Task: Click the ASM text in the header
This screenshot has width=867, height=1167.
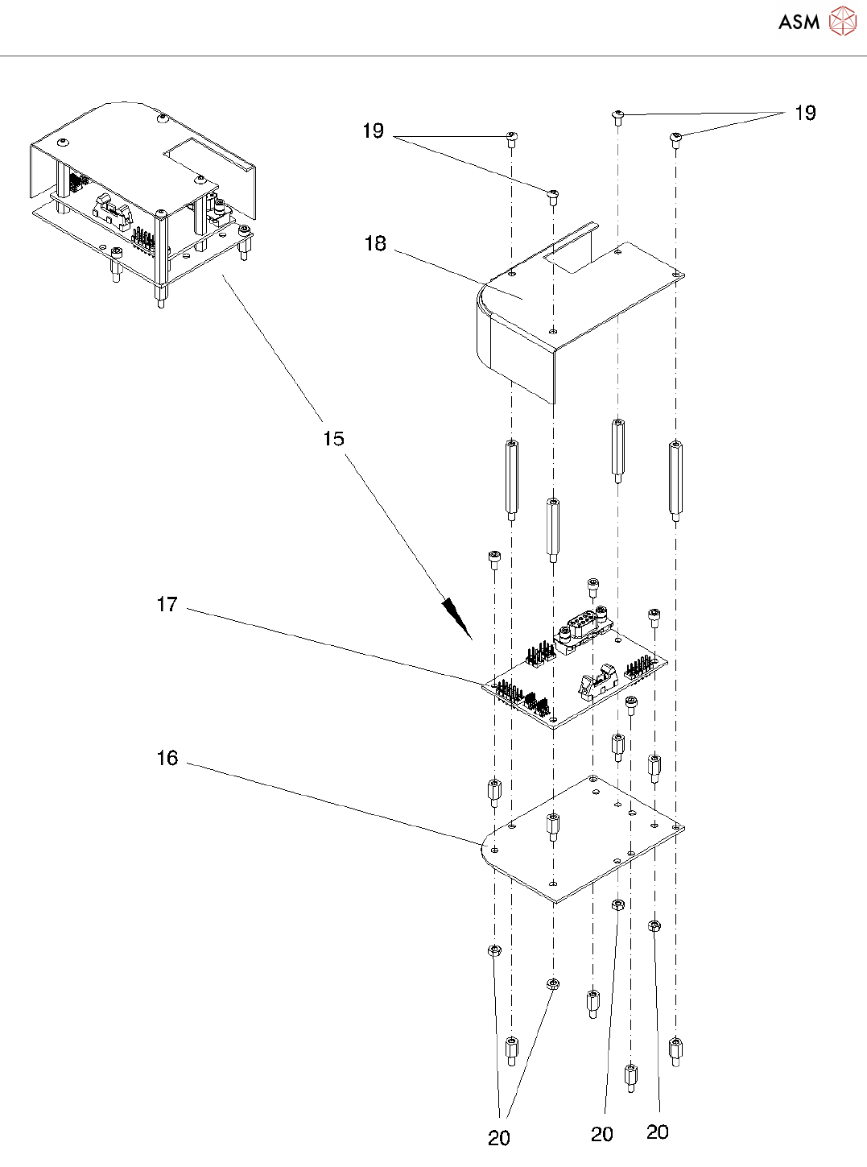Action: coord(799,22)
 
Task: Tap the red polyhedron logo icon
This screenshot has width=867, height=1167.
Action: coord(843,21)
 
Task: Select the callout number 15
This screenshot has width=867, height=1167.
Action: coord(333,438)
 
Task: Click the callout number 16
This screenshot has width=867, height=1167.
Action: coord(167,758)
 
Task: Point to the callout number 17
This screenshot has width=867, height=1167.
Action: coord(167,604)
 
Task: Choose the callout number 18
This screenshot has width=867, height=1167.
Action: coord(375,243)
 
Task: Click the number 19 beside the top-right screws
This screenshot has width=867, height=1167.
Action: coord(805,113)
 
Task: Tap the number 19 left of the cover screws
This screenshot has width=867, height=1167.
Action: coord(373,130)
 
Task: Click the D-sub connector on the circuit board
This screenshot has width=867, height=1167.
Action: coord(583,631)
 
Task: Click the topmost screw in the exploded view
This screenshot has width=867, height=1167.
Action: coord(617,118)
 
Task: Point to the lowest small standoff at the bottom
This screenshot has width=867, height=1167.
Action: coord(631,1078)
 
